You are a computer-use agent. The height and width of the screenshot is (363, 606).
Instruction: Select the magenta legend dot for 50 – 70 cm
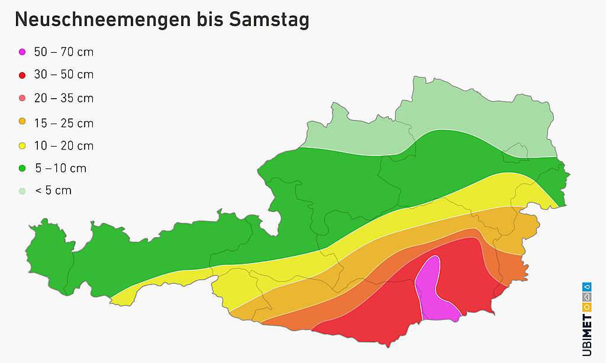(22, 52)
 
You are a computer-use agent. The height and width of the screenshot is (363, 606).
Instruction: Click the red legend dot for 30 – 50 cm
(22, 75)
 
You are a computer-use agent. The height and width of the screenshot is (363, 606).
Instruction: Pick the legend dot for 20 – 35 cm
(22, 98)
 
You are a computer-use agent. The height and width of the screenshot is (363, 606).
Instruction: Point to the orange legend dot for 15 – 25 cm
(22, 122)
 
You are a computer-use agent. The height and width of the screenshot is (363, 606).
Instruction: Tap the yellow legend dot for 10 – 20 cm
(22, 145)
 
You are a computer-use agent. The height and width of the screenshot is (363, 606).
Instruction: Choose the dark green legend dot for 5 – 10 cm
(22, 168)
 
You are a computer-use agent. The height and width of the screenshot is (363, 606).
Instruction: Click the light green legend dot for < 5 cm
(22, 191)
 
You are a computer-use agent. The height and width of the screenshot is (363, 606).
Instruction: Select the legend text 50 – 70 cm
(64, 52)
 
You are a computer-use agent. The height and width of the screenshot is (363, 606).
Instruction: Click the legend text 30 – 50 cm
(64, 75)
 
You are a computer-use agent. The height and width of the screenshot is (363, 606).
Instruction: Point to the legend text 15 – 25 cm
(64, 124)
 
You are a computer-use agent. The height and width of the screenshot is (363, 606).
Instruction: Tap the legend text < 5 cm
(54, 191)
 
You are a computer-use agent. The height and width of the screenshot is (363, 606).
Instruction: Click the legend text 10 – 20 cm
(64, 146)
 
